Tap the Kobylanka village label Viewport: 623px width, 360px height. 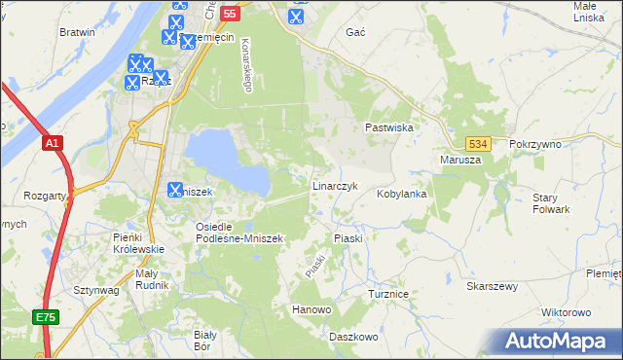402,194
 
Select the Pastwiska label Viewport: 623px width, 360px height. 390,127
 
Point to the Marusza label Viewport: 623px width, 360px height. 460,160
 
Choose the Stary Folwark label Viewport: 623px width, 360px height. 551,203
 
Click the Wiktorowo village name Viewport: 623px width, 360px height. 566,312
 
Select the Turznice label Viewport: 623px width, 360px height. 393,292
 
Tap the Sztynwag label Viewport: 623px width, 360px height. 95,290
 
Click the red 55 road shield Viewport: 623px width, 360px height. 230,14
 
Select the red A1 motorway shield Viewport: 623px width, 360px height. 54,143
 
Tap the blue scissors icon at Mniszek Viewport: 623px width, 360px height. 175,190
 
